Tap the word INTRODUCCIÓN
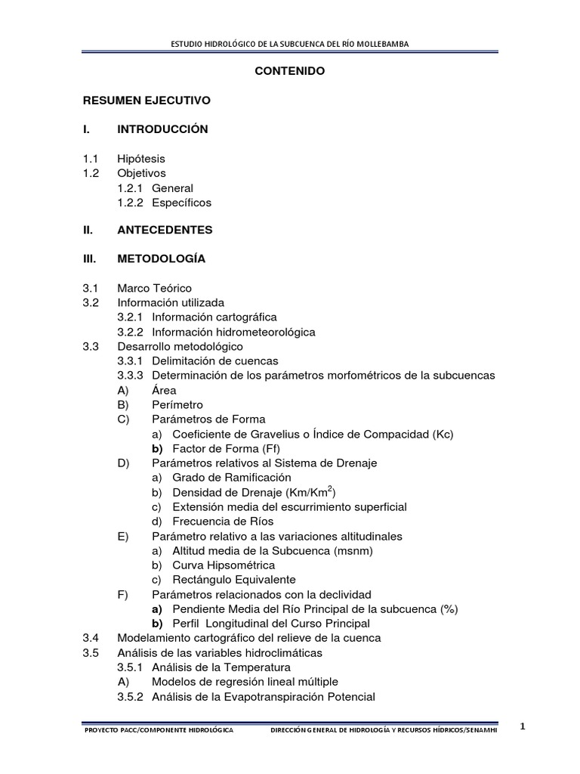click(162, 129)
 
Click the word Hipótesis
click(140, 159)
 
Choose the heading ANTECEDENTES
click(165, 230)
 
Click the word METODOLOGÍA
click(161, 259)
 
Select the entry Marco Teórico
click(154, 288)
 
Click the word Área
click(164, 390)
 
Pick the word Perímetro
click(177, 404)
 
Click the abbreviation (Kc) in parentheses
click(443, 434)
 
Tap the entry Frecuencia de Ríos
click(223, 521)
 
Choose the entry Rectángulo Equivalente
click(233, 579)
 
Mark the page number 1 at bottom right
click(523, 726)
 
